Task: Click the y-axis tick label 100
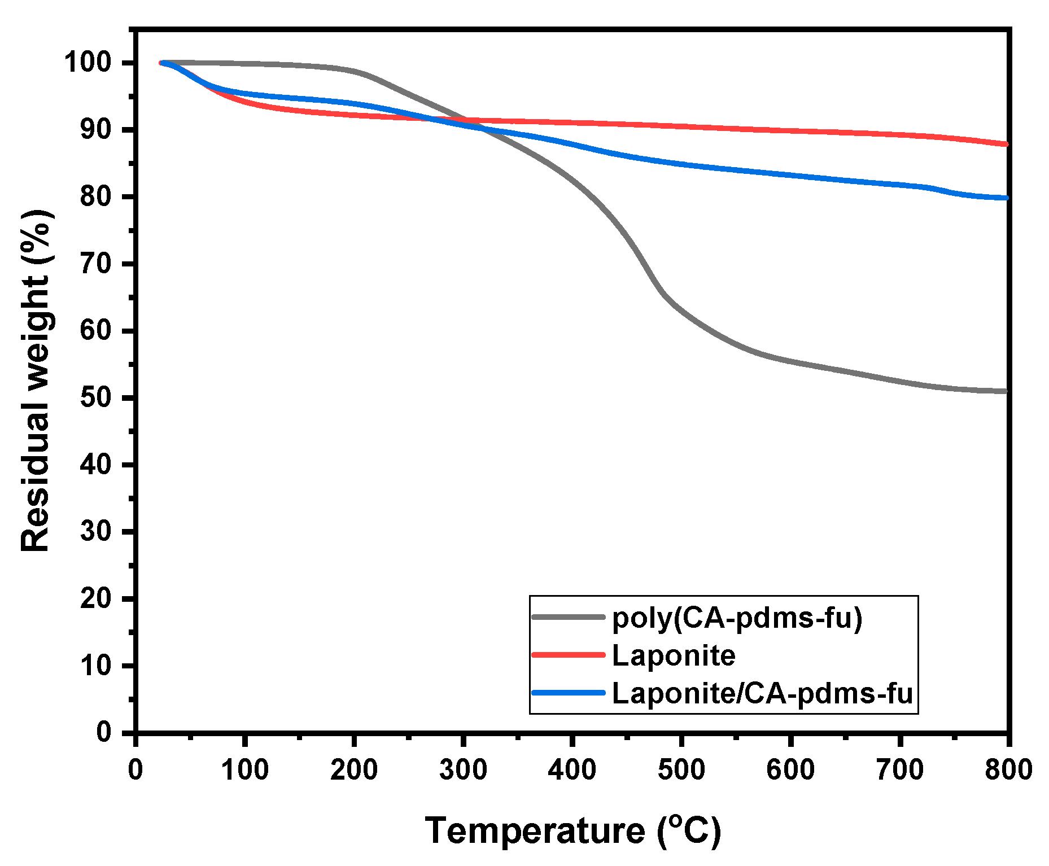[89, 62]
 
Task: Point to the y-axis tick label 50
[96, 397]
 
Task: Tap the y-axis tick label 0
[104, 732]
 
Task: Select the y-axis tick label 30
[96, 531]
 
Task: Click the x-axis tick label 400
[572, 769]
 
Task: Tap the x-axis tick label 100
[244, 769]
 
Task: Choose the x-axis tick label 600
[790, 769]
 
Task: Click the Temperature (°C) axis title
[572, 831]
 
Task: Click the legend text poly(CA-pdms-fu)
[737, 618]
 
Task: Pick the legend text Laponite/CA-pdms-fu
[762, 693]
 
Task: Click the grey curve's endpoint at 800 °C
[1006, 391]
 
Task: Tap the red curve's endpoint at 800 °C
[1006, 145]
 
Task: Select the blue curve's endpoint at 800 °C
[1006, 198]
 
